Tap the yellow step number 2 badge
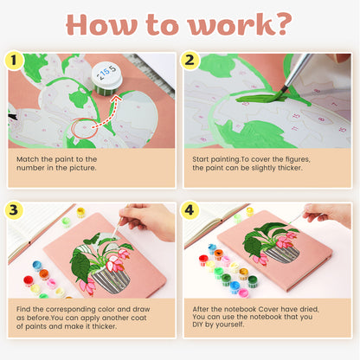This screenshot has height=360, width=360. click(x=191, y=60)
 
